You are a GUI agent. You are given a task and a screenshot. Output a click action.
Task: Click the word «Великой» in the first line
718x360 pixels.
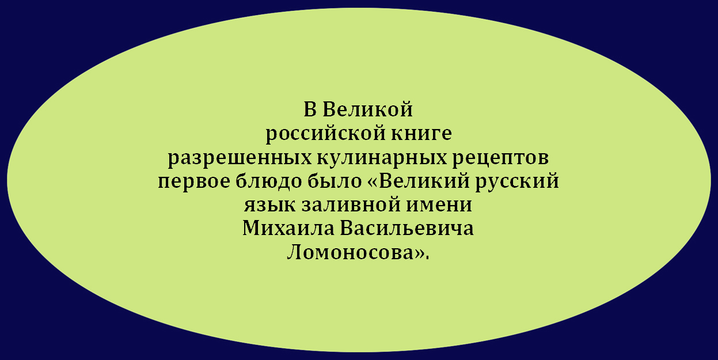click(x=367, y=109)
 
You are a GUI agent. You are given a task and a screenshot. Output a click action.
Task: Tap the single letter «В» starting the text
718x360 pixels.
click(x=310, y=109)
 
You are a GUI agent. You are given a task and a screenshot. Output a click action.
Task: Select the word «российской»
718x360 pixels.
click(x=325, y=134)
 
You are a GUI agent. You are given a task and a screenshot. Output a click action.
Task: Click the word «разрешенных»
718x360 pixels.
click(x=240, y=158)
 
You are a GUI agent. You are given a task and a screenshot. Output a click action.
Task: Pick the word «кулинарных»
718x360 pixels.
click(x=382, y=158)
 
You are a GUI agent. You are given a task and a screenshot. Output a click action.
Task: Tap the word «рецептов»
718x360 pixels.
click(x=500, y=158)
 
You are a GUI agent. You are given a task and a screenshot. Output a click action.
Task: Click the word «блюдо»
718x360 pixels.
click(x=269, y=181)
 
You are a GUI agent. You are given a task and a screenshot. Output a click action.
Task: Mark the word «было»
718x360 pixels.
click(x=335, y=181)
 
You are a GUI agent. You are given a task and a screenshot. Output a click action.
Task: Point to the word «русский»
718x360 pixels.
click(x=517, y=180)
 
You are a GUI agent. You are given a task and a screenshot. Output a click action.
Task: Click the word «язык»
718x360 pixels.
click(x=269, y=205)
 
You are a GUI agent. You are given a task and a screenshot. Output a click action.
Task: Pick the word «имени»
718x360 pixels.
click(x=439, y=205)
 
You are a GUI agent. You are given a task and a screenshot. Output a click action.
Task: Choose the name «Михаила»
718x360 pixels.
click(x=288, y=228)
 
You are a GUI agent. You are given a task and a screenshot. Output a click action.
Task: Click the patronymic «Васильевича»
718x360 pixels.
click(x=407, y=228)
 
